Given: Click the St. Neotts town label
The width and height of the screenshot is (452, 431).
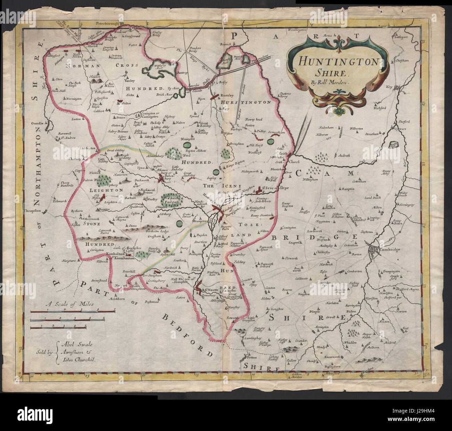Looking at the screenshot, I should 211,289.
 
